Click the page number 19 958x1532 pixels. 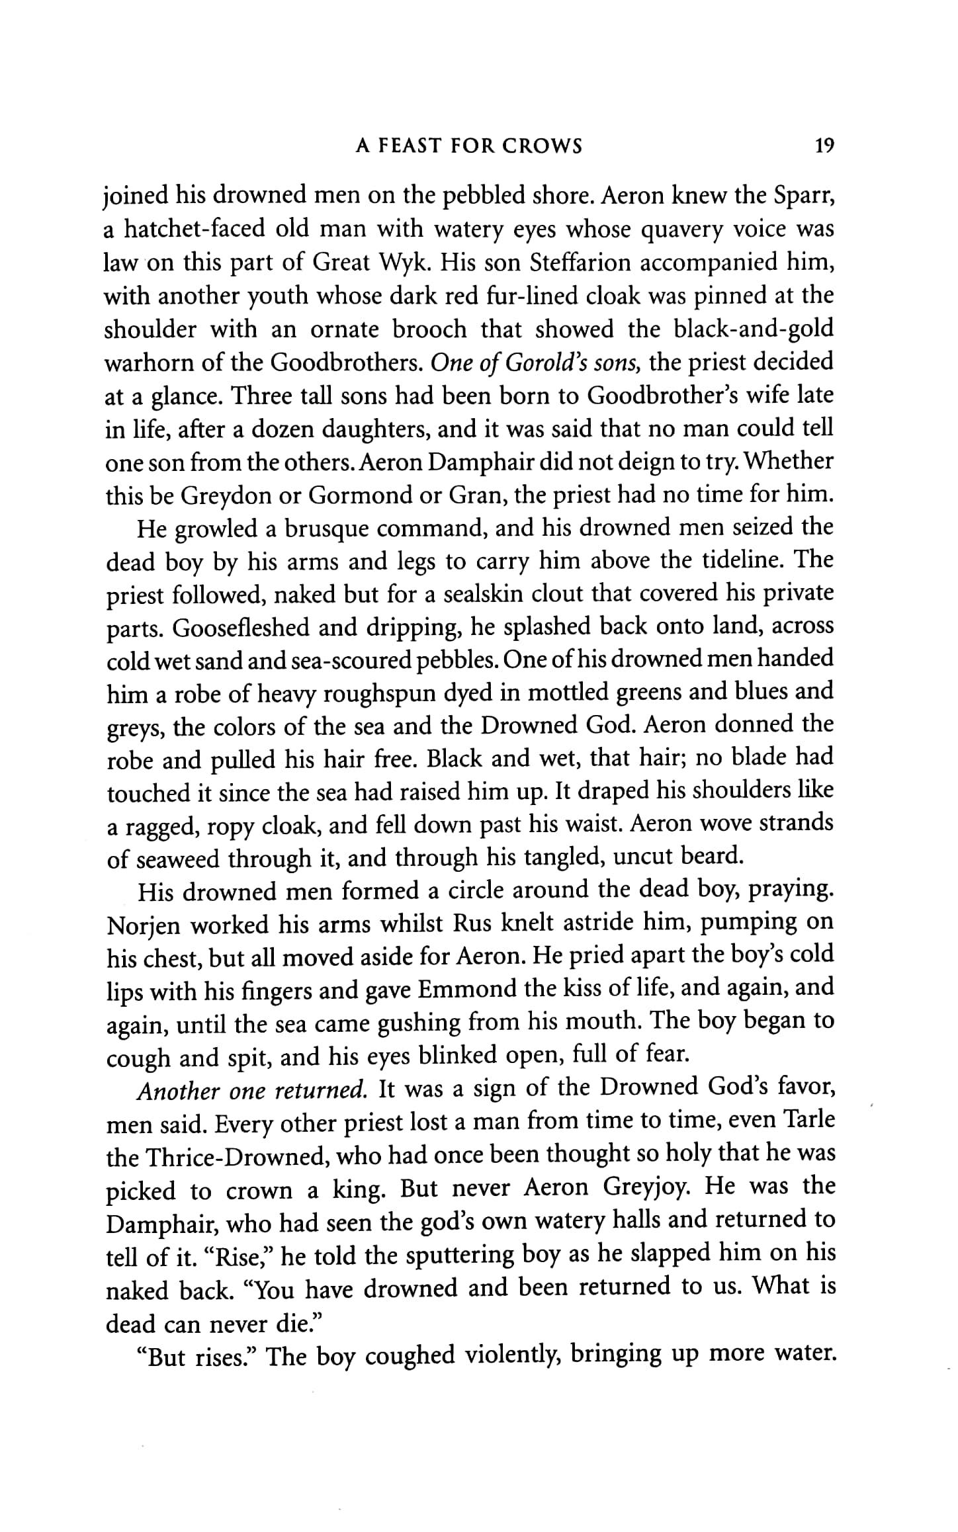(x=824, y=146)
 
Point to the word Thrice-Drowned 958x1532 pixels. (x=228, y=1156)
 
